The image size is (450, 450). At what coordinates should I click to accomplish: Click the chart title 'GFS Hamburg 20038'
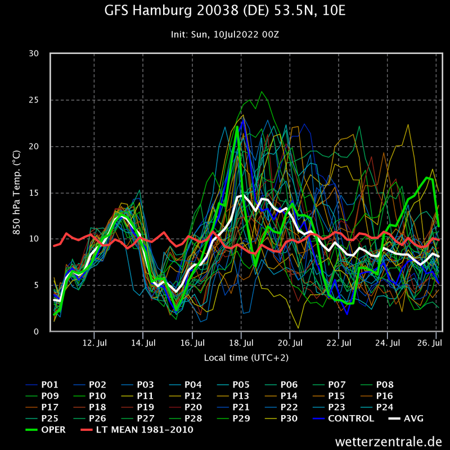pyautogui.click(x=225, y=11)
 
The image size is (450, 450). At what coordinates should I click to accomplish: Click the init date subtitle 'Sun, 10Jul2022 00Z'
pyautogui.click(x=225, y=34)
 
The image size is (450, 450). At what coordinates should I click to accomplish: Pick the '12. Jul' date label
pyautogui.click(x=94, y=343)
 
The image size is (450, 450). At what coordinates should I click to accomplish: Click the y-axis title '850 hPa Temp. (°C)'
pyautogui.click(x=16, y=193)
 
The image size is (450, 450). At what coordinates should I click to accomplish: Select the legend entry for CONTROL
pyautogui.click(x=350, y=418)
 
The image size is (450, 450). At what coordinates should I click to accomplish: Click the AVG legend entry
pyautogui.click(x=413, y=418)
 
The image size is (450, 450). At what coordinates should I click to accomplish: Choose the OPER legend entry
pyautogui.click(x=53, y=430)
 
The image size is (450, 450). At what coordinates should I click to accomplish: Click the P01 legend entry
pyautogui.click(x=49, y=385)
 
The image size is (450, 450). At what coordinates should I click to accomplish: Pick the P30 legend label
pyautogui.click(x=289, y=418)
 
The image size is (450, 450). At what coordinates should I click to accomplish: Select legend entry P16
pyautogui.click(x=384, y=396)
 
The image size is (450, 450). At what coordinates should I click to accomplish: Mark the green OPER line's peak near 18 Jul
pyautogui.click(x=237, y=127)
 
